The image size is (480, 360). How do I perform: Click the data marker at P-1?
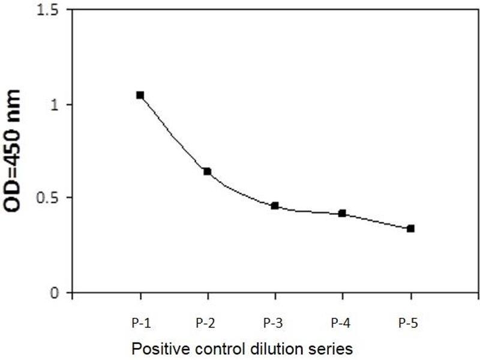[140, 95]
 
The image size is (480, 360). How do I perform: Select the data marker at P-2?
[207, 172]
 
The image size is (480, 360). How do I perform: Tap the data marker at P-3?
[275, 206]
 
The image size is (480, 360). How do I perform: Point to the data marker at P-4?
[342, 213]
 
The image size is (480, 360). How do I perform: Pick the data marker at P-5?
[410, 229]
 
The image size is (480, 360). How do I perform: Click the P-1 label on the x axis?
[140, 323]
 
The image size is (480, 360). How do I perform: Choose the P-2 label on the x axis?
[208, 323]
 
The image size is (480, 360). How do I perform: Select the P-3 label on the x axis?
[275, 323]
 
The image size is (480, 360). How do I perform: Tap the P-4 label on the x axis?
[343, 323]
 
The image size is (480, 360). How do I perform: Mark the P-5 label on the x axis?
[410, 323]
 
